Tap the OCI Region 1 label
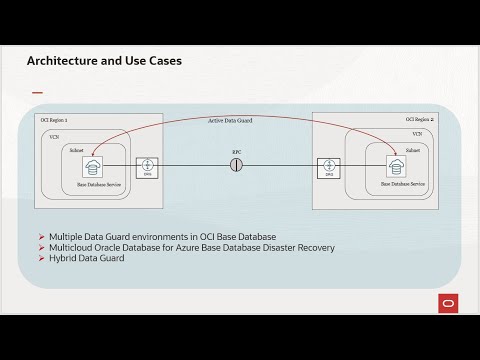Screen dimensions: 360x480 [x=53, y=120]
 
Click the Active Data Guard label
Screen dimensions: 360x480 [x=229, y=120]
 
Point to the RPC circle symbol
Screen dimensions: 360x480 [x=237, y=164]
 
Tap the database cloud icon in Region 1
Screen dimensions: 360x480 [x=93, y=166]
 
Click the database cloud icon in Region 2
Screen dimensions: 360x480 [x=381, y=166]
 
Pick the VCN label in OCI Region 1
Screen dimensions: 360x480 [x=55, y=133]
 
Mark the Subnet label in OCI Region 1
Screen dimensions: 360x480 [x=78, y=148]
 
